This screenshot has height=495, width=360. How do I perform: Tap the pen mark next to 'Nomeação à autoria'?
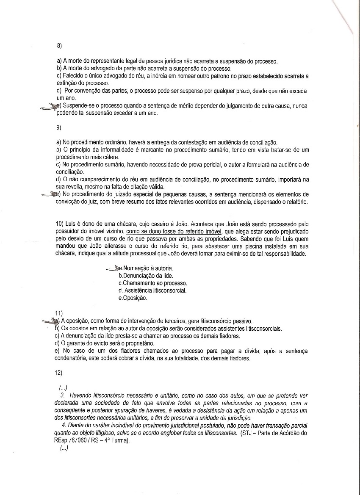click(x=113, y=268)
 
